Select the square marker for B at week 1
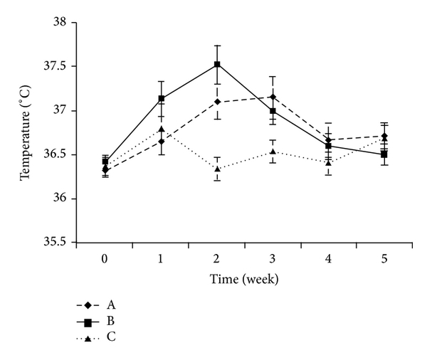pyautogui.click(x=162, y=98)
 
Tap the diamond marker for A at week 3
pyautogui.click(x=273, y=97)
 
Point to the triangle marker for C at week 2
pyautogui.click(x=217, y=169)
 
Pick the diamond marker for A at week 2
pyautogui.click(x=217, y=102)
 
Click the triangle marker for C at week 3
pyautogui.click(x=273, y=152)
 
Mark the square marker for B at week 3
pyautogui.click(x=273, y=111)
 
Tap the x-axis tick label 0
pyautogui.click(x=105, y=260)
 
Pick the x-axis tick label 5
pyautogui.click(x=384, y=260)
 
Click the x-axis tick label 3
pyautogui.click(x=273, y=260)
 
